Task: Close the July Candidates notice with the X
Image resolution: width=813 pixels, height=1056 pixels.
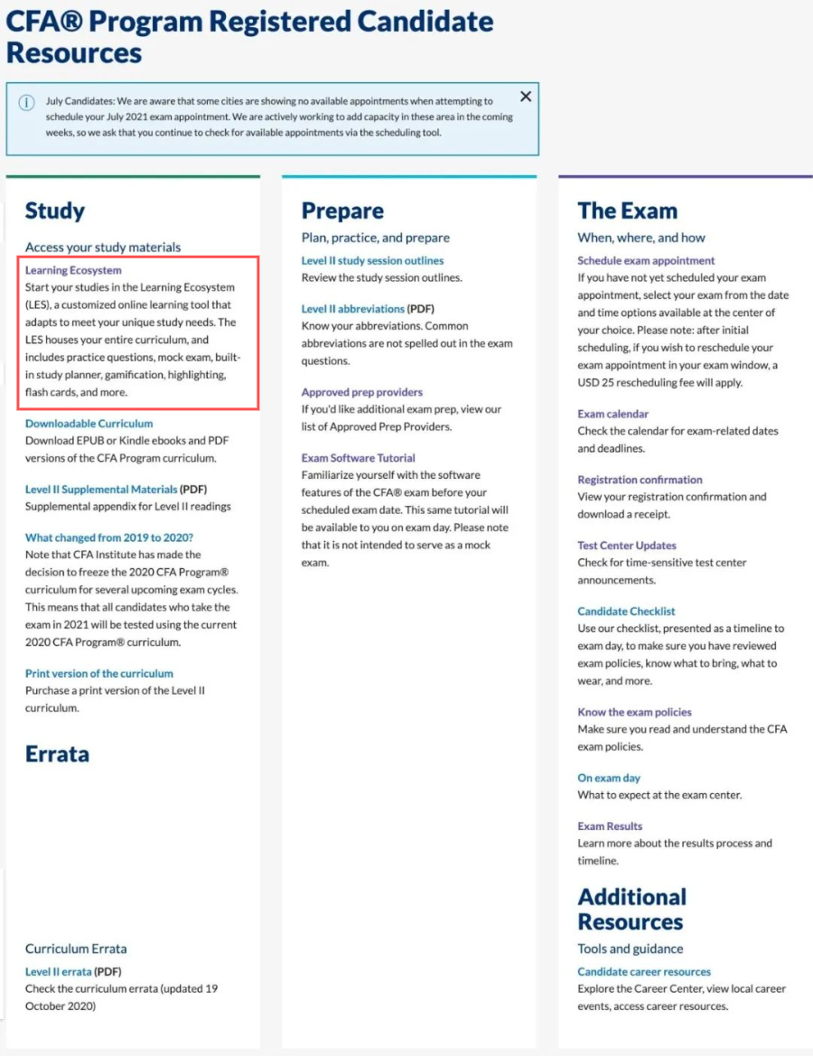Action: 526,97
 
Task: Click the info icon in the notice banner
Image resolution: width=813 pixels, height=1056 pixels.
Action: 27,102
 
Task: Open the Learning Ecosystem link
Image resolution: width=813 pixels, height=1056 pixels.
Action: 73,270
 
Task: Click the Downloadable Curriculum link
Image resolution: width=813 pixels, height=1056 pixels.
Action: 89,424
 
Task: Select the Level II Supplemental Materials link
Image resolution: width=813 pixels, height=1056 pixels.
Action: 101,490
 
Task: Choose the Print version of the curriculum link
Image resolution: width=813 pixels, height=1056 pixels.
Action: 99,674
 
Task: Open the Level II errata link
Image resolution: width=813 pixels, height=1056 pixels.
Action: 59,972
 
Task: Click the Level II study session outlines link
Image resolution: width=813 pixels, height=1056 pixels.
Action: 372,261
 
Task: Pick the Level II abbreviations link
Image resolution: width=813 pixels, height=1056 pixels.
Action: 353,309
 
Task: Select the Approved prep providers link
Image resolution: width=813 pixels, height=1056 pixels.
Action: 361,393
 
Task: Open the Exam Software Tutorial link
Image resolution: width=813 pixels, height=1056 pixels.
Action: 359,458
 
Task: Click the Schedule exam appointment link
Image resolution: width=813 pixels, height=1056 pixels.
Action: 646,261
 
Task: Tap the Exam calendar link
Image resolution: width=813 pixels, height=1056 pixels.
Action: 613,415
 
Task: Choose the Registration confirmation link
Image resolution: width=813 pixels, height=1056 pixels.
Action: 640,480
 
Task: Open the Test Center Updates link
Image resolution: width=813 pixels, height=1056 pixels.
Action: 627,546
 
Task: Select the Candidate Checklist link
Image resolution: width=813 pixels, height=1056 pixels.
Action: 626,612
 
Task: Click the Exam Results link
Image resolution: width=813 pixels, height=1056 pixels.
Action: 610,827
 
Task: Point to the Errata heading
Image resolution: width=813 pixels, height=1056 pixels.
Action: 57,754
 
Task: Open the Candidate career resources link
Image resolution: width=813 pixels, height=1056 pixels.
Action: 644,972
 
